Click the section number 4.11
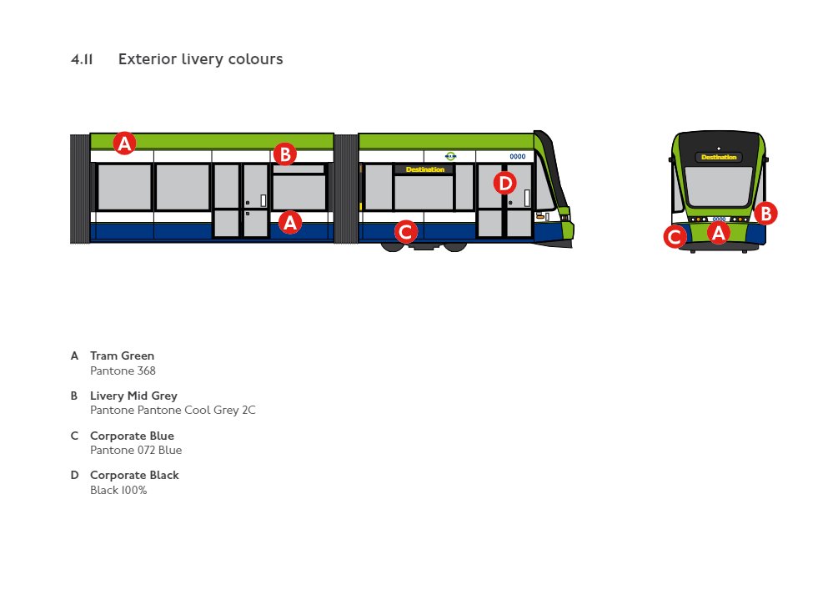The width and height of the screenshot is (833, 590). (x=82, y=59)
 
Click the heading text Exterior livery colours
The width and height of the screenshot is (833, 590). (x=200, y=59)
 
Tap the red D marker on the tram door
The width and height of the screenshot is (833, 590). (x=504, y=182)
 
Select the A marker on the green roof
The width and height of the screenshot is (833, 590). (x=124, y=144)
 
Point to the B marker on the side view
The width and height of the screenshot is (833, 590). (x=284, y=154)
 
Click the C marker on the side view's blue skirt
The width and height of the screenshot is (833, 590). (x=405, y=231)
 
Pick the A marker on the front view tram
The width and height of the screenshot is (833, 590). (x=718, y=233)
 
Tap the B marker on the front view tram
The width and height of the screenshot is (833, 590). (x=765, y=213)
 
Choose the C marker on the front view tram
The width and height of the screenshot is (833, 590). (x=675, y=237)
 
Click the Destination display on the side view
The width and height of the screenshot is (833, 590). (x=424, y=169)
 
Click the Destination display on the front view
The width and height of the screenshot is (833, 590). (x=719, y=157)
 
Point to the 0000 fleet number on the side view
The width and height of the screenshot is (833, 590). (x=517, y=156)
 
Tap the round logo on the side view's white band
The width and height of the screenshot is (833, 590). (x=450, y=156)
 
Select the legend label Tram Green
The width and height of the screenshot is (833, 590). (x=122, y=356)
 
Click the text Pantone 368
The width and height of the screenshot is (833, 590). (x=123, y=371)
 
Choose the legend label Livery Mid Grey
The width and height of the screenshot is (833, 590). (x=133, y=396)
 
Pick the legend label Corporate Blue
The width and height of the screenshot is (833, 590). (x=132, y=436)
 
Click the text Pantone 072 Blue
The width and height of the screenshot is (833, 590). (x=135, y=451)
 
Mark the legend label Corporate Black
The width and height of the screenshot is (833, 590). (x=134, y=475)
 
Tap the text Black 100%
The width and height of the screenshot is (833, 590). (x=118, y=491)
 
